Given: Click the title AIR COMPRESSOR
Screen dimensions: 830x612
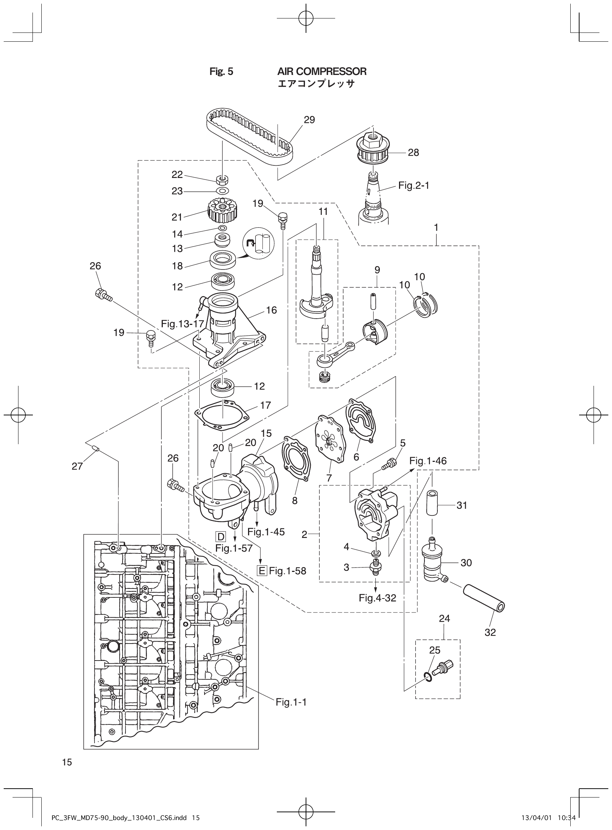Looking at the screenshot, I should coord(322,72).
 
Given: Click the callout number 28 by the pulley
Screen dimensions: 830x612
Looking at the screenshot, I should coord(413,152).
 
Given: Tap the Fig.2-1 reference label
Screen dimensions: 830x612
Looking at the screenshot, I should coord(413,186).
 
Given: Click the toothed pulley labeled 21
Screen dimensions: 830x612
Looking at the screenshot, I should coord(223,210).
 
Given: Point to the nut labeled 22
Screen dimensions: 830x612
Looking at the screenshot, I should coord(222,180).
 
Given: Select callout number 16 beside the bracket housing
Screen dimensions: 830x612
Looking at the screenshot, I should coord(271,311).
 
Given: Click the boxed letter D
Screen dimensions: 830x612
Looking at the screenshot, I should coord(221,536).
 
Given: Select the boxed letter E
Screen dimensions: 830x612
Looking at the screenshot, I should coord(262,571).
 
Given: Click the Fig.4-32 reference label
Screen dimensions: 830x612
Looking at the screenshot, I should coord(377,598).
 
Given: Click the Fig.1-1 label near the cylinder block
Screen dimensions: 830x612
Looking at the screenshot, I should coord(291,702).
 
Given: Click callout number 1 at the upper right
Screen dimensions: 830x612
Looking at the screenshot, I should coord(436,227).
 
